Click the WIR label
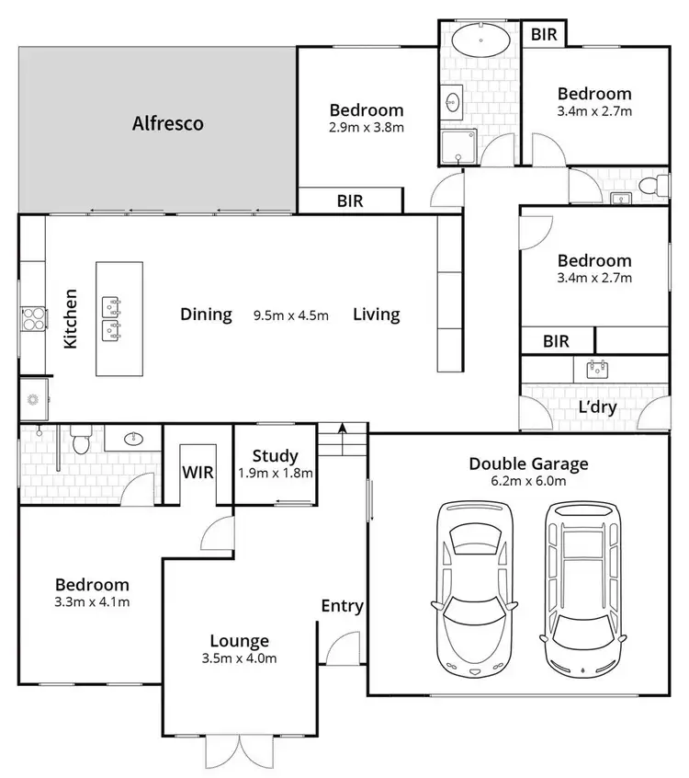[x=198, y=473]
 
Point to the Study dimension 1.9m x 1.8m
[x=275, y=475]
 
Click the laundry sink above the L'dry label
[x=598, y=370]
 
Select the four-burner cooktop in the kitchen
[x=33, y=317]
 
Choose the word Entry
[x=342, y=606]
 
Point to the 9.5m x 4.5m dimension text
[x=290, y=315]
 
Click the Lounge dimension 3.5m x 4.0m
[x=239, y=658]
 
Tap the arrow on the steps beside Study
[x=343, y=428]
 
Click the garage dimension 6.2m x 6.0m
[x=528, y=481]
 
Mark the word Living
[x=377, y=315]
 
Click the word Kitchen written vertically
[x=71, y=319]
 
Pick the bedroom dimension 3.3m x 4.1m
[x=92, y=602]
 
